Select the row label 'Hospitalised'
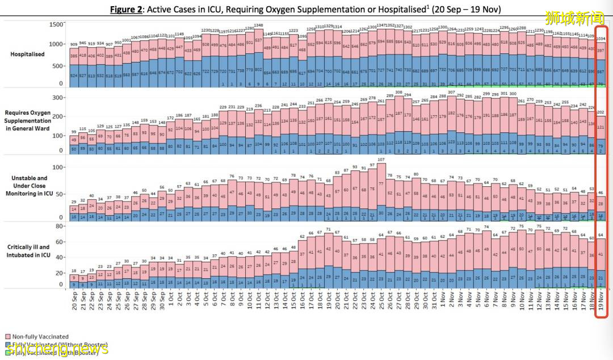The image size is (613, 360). point(28,54)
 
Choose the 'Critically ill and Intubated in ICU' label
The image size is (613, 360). point(28,250)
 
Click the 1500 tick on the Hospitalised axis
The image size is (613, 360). point(56,25)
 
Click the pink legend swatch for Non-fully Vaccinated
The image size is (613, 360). point(7,337)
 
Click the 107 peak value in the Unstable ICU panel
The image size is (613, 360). point(381,160)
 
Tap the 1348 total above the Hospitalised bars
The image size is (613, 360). point(258,26)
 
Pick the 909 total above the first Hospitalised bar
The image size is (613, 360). point(74,44)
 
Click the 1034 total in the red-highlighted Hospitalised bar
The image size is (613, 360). point(601,39)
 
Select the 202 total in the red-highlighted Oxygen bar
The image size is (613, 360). point(601,112)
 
